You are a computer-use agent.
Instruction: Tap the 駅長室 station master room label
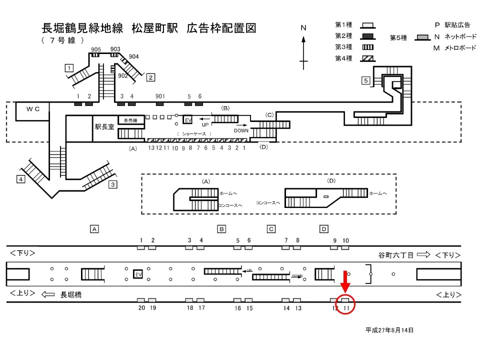point(104,127)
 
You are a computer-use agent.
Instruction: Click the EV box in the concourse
point(188,120)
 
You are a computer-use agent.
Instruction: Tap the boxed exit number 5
point(366,80)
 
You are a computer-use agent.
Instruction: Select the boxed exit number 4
point(20,179)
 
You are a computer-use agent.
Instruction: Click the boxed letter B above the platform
point(221,229)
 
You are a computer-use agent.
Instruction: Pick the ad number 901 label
point(160,96)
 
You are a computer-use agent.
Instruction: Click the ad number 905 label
point(96,49)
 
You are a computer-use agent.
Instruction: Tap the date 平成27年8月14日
point(389,330)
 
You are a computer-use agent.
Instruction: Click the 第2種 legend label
point(343,35)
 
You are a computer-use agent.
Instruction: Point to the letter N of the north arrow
point(303,28)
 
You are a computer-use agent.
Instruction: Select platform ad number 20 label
point(141,308)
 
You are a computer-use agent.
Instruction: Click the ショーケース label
point(194,134)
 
